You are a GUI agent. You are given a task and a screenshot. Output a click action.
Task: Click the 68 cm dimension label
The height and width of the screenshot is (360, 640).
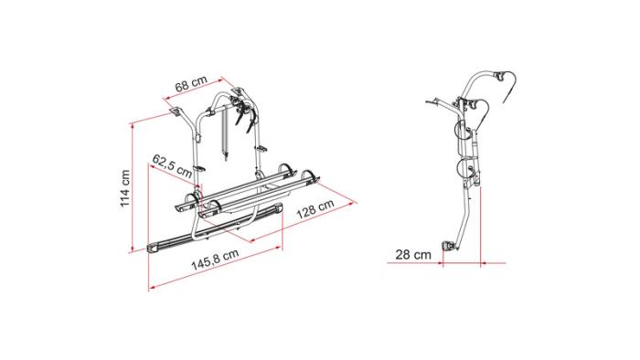point(191,84)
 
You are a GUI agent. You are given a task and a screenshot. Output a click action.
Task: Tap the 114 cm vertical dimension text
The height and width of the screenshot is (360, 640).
point(125,188)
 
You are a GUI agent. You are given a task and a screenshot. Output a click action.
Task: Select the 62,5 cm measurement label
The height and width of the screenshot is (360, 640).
point(172,165)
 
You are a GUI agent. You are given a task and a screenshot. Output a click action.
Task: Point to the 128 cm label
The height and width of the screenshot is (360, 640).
point(315,208)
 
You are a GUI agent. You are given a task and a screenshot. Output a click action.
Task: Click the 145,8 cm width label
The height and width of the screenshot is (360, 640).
point(215,260)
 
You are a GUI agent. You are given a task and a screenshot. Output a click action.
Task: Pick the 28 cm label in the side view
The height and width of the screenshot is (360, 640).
point(413,255)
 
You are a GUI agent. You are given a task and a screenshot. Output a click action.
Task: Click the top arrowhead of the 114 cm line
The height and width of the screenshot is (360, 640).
point(132,126)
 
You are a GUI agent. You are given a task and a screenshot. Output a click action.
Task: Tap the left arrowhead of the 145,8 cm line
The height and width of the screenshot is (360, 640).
point(152,288)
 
